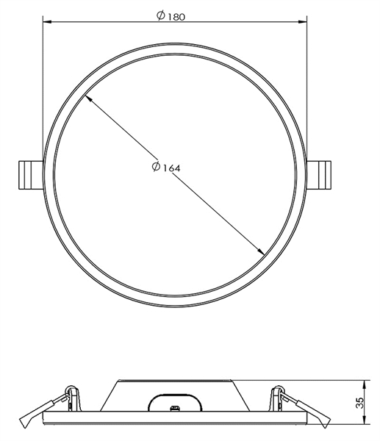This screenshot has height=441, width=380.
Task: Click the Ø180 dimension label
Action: [171, 15]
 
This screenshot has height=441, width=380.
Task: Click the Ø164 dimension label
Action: [166, 168]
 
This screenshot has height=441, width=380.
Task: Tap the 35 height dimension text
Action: [359, 403]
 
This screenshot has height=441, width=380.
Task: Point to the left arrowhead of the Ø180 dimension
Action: [47, 21]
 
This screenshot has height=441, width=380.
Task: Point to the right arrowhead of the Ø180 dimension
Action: [302, 21]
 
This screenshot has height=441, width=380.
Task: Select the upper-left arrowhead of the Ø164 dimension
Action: [88, 98]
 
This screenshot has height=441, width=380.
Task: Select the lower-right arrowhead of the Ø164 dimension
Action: [260, 251]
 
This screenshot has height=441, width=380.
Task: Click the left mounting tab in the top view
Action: [31, 175]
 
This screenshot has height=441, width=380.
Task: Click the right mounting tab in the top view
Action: [319, 175]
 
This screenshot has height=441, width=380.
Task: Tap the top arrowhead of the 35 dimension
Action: [365, 384]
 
